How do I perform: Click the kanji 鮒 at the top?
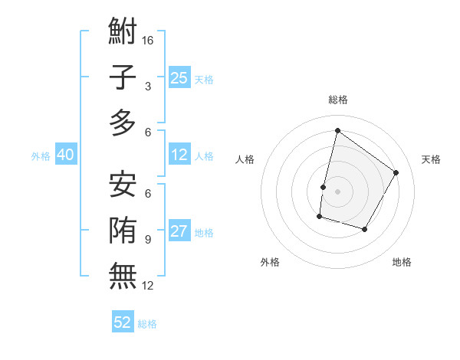pyautogui.click(x=123, y=33)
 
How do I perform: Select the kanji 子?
pyautogui.click(x=123, y=77)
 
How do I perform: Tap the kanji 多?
pyautogui.click(x=123, y=122)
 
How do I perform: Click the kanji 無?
pyautogui.click(x=123, y=273)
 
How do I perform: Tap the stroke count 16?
pyautogui.click(x=148, y=39)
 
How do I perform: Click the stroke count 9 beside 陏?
pyautogui.click(x=147, y=239)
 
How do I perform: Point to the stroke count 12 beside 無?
pyautogui.click(x=148, y=285)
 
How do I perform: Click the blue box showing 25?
pyautogui.click(x=179, y=77)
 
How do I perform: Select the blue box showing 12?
pyautogui.click(x=179, y=155)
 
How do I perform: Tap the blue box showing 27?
pyautogui.click(x=179, y=231)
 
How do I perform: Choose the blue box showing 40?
pyautogui.click(x=65, y=155)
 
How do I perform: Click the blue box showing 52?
pyautogui.click(x=123, y=322)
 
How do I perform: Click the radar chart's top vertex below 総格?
pyautogui.click(x=337, y=131)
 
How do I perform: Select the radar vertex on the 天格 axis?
pyautogui.click(x=396, y=172)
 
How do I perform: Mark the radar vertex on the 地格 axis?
pyautogui.click(x=365, y=229)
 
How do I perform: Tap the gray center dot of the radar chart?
pyautogui.click(x=337, y=191)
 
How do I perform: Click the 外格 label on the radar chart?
pyautogui.click(x=270, y=262)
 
